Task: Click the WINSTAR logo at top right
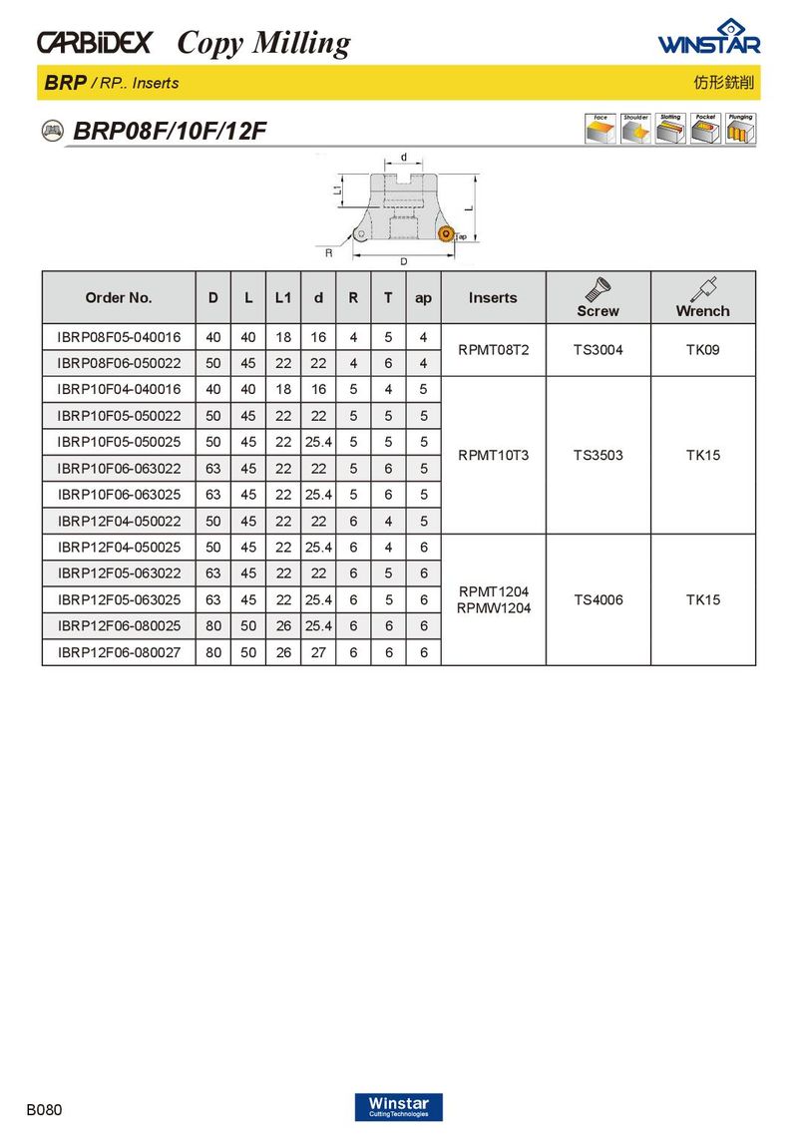[708, 39]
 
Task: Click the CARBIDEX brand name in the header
[95, 43]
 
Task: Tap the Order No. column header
[119, 297]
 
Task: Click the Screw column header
[598, 298]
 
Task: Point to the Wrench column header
[702, 298]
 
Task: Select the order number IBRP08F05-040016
[119, 337]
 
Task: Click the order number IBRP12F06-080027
[119, 652]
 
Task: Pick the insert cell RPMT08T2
[493, 350]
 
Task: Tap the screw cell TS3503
[598, 455]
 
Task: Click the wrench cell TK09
[702, 350]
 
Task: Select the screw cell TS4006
[598, 599]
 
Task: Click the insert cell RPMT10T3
[493, 455]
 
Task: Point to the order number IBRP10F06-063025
[119, 495]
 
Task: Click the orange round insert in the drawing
[446, 235]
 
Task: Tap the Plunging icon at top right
[740, 129]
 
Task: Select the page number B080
[44, 1109]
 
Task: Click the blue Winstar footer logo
[398, 1107]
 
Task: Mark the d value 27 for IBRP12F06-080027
[318, 652]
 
